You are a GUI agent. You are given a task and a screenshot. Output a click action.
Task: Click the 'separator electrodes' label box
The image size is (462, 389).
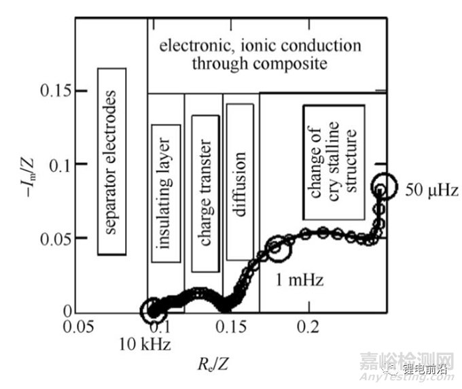(x=112, y=161)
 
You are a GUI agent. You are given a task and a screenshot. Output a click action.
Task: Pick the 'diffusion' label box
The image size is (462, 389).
(x=239, y=182)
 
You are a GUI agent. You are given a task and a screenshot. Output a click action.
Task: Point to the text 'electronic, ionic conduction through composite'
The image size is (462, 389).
(x=261, y=55)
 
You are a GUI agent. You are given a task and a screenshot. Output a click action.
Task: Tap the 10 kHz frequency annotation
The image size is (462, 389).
(x=146, y=340)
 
